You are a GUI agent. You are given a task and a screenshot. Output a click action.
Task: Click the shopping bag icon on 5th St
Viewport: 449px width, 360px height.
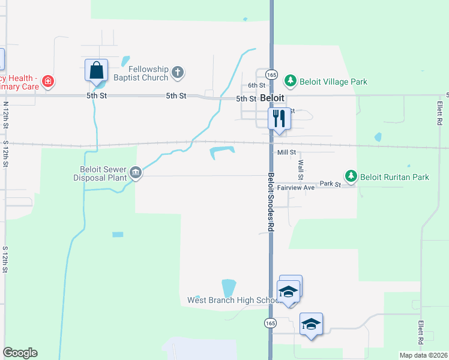[96, 71]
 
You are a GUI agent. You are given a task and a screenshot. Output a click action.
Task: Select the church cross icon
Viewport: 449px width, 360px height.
[177, 73]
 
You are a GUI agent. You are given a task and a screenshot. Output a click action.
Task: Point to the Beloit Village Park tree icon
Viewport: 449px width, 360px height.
[291, 81]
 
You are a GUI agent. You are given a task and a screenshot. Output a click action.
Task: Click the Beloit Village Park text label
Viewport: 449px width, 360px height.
[334, 82]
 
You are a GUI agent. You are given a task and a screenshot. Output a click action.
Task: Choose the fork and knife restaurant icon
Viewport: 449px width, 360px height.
[278, 118]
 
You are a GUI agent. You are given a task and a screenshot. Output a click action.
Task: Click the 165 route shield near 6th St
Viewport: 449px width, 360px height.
[272, 75]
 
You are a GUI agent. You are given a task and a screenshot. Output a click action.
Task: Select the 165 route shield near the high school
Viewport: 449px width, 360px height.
[270, 323]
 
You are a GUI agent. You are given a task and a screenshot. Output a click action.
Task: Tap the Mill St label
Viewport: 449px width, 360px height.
[287, 152]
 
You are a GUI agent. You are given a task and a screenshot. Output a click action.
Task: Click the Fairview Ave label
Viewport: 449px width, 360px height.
[297, 188]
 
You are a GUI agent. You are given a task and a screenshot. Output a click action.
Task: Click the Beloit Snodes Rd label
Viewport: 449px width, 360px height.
[271, 202]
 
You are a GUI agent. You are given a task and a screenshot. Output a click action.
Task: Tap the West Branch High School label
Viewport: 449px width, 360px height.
[232, 300]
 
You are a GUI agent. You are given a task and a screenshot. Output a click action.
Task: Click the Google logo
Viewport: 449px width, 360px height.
[20, 353]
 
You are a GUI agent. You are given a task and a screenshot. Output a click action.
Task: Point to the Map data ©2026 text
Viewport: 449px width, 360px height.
[423, 355]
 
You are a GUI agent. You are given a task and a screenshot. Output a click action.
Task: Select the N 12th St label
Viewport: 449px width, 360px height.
[6, 113]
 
